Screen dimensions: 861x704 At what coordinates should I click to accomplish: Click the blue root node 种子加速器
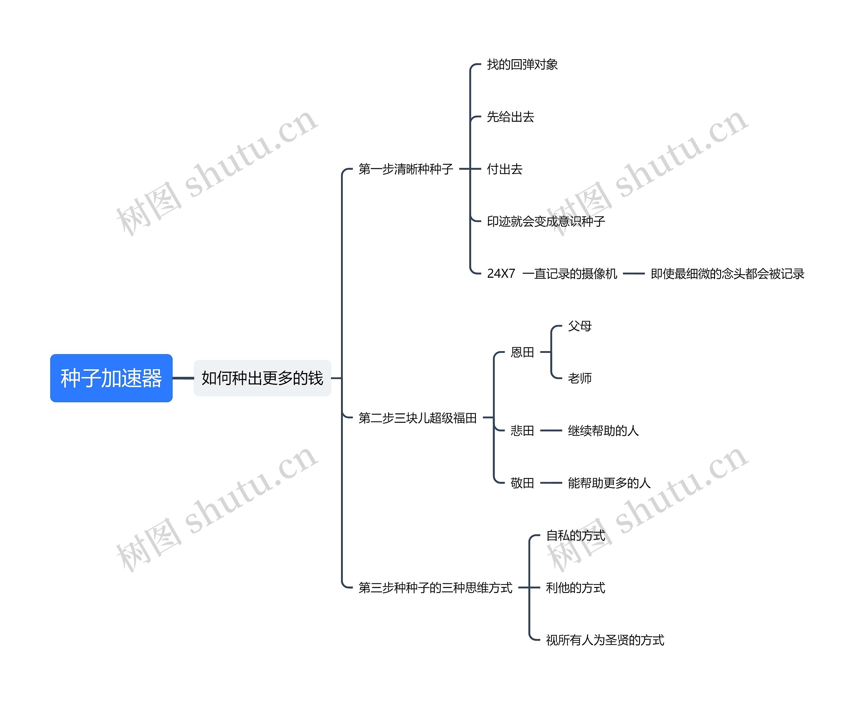[x=111, y=378]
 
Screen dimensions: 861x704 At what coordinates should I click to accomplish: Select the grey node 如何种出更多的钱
[x=262, y=378]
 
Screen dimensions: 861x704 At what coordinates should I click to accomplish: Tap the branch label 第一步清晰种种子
[x=406, y=169]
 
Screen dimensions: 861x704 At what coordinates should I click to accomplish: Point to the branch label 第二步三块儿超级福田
[x=417, y=418]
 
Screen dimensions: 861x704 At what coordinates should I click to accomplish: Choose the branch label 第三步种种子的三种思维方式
[x=435, y=588]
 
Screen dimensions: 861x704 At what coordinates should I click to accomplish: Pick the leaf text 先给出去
[x=510, y=117]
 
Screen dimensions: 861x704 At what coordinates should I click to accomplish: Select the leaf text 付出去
[x=504, y=169]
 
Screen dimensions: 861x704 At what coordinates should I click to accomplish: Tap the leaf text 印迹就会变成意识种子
[x=546, y=221]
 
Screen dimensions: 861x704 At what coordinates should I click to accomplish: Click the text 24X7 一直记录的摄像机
[x=552, y=274]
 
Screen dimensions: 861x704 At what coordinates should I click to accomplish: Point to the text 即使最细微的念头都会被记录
[x=727, y=274]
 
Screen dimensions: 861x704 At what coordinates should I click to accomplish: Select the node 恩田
[x=522, y=352]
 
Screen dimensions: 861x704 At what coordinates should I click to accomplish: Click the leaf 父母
[x=579, y=326]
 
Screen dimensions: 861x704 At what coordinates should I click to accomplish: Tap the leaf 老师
[x=579, y=378]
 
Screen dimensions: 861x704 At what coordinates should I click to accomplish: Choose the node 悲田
[x=522, y=430]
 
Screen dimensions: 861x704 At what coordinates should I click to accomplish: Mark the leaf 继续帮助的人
[x=603, y=430]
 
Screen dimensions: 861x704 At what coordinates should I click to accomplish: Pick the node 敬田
[x=522, y=483]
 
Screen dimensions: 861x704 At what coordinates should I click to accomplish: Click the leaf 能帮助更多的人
[x=609, y=483]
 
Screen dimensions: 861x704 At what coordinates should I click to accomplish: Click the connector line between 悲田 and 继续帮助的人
[x=551, y=430]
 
